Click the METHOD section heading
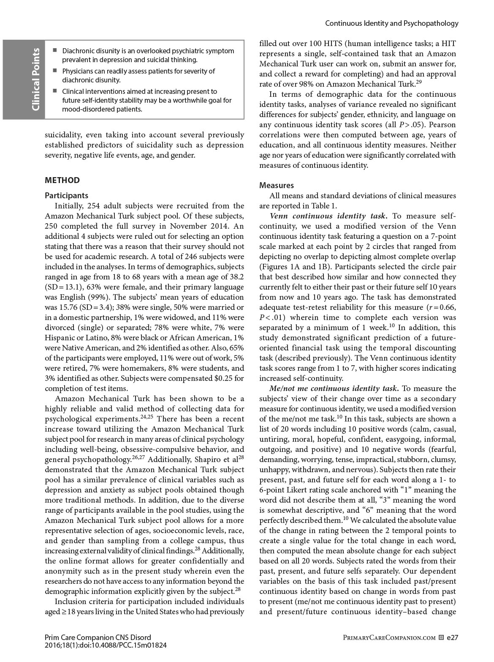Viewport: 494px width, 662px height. pyautogui.click(x=62, y=181)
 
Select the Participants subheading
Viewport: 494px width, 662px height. pyautogui.click(x=67, y=195)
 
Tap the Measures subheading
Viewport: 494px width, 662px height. pyautogui.click(x=277, y=185)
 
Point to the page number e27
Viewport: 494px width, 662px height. pyautogui.click(x=452, y=637)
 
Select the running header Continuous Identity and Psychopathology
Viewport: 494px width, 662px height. pyautogui.click(x=391, y=23)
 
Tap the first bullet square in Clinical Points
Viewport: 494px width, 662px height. pyautogui.click(x=55, y=51)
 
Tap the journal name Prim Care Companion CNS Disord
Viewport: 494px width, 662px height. pyautogui.click(x=98, y=637)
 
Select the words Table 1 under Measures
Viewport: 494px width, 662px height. pyautogui.click(x=324, y=206)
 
